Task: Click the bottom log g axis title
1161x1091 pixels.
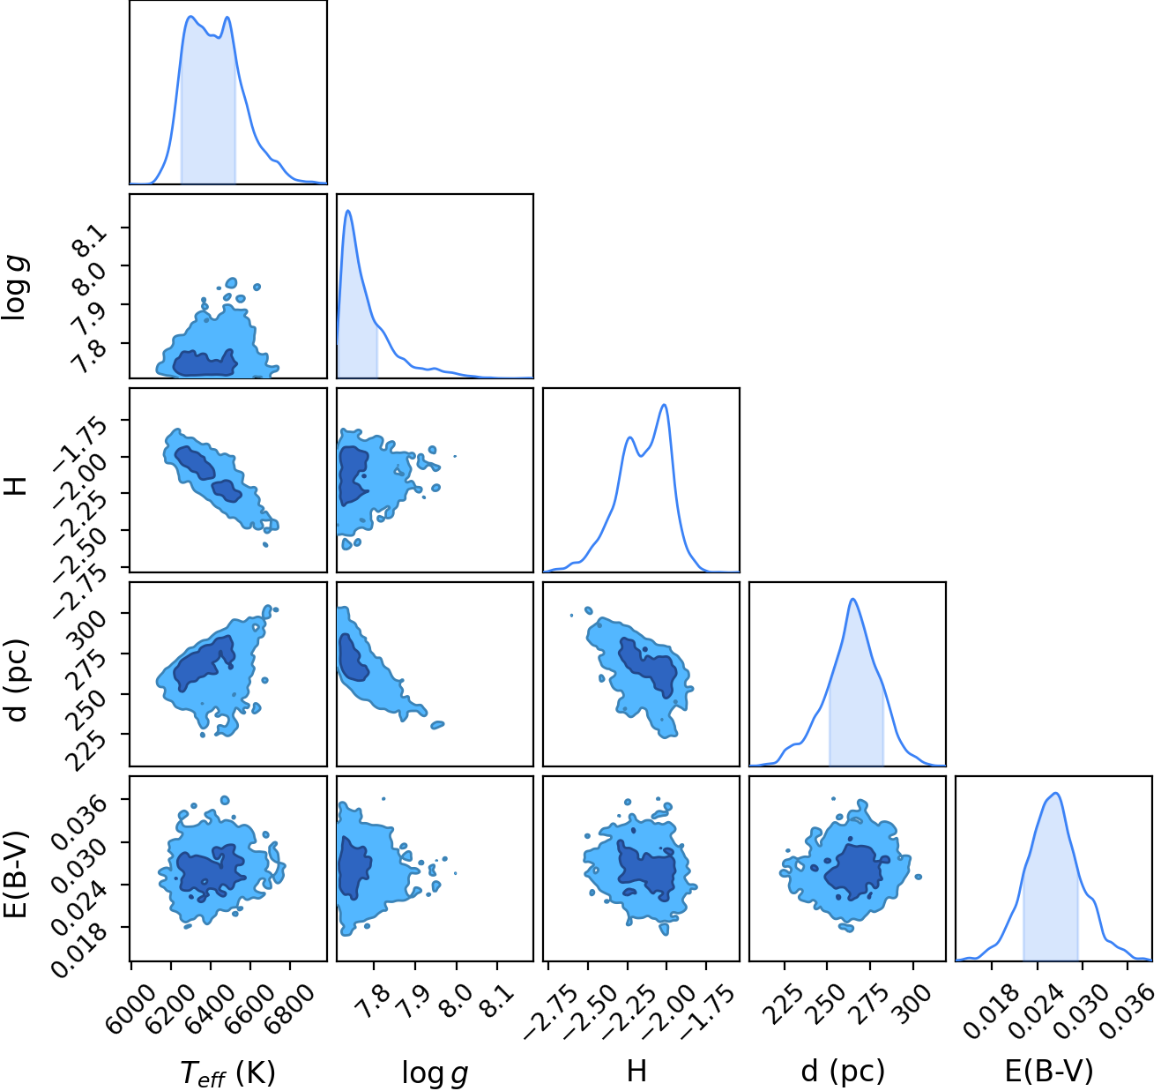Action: (435, 1072)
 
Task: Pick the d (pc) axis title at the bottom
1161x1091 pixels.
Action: (843, 1071)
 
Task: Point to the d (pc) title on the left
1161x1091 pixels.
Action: (17, 681)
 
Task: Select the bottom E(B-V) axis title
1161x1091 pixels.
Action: (1049, 1071)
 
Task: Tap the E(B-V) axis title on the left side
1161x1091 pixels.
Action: (17, 875)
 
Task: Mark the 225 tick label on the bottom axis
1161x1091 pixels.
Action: (782, 993)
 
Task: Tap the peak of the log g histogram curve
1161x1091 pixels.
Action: (348, 211)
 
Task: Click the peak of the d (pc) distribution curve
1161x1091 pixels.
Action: (853, 599)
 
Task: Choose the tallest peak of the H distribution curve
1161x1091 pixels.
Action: (664, 405)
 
